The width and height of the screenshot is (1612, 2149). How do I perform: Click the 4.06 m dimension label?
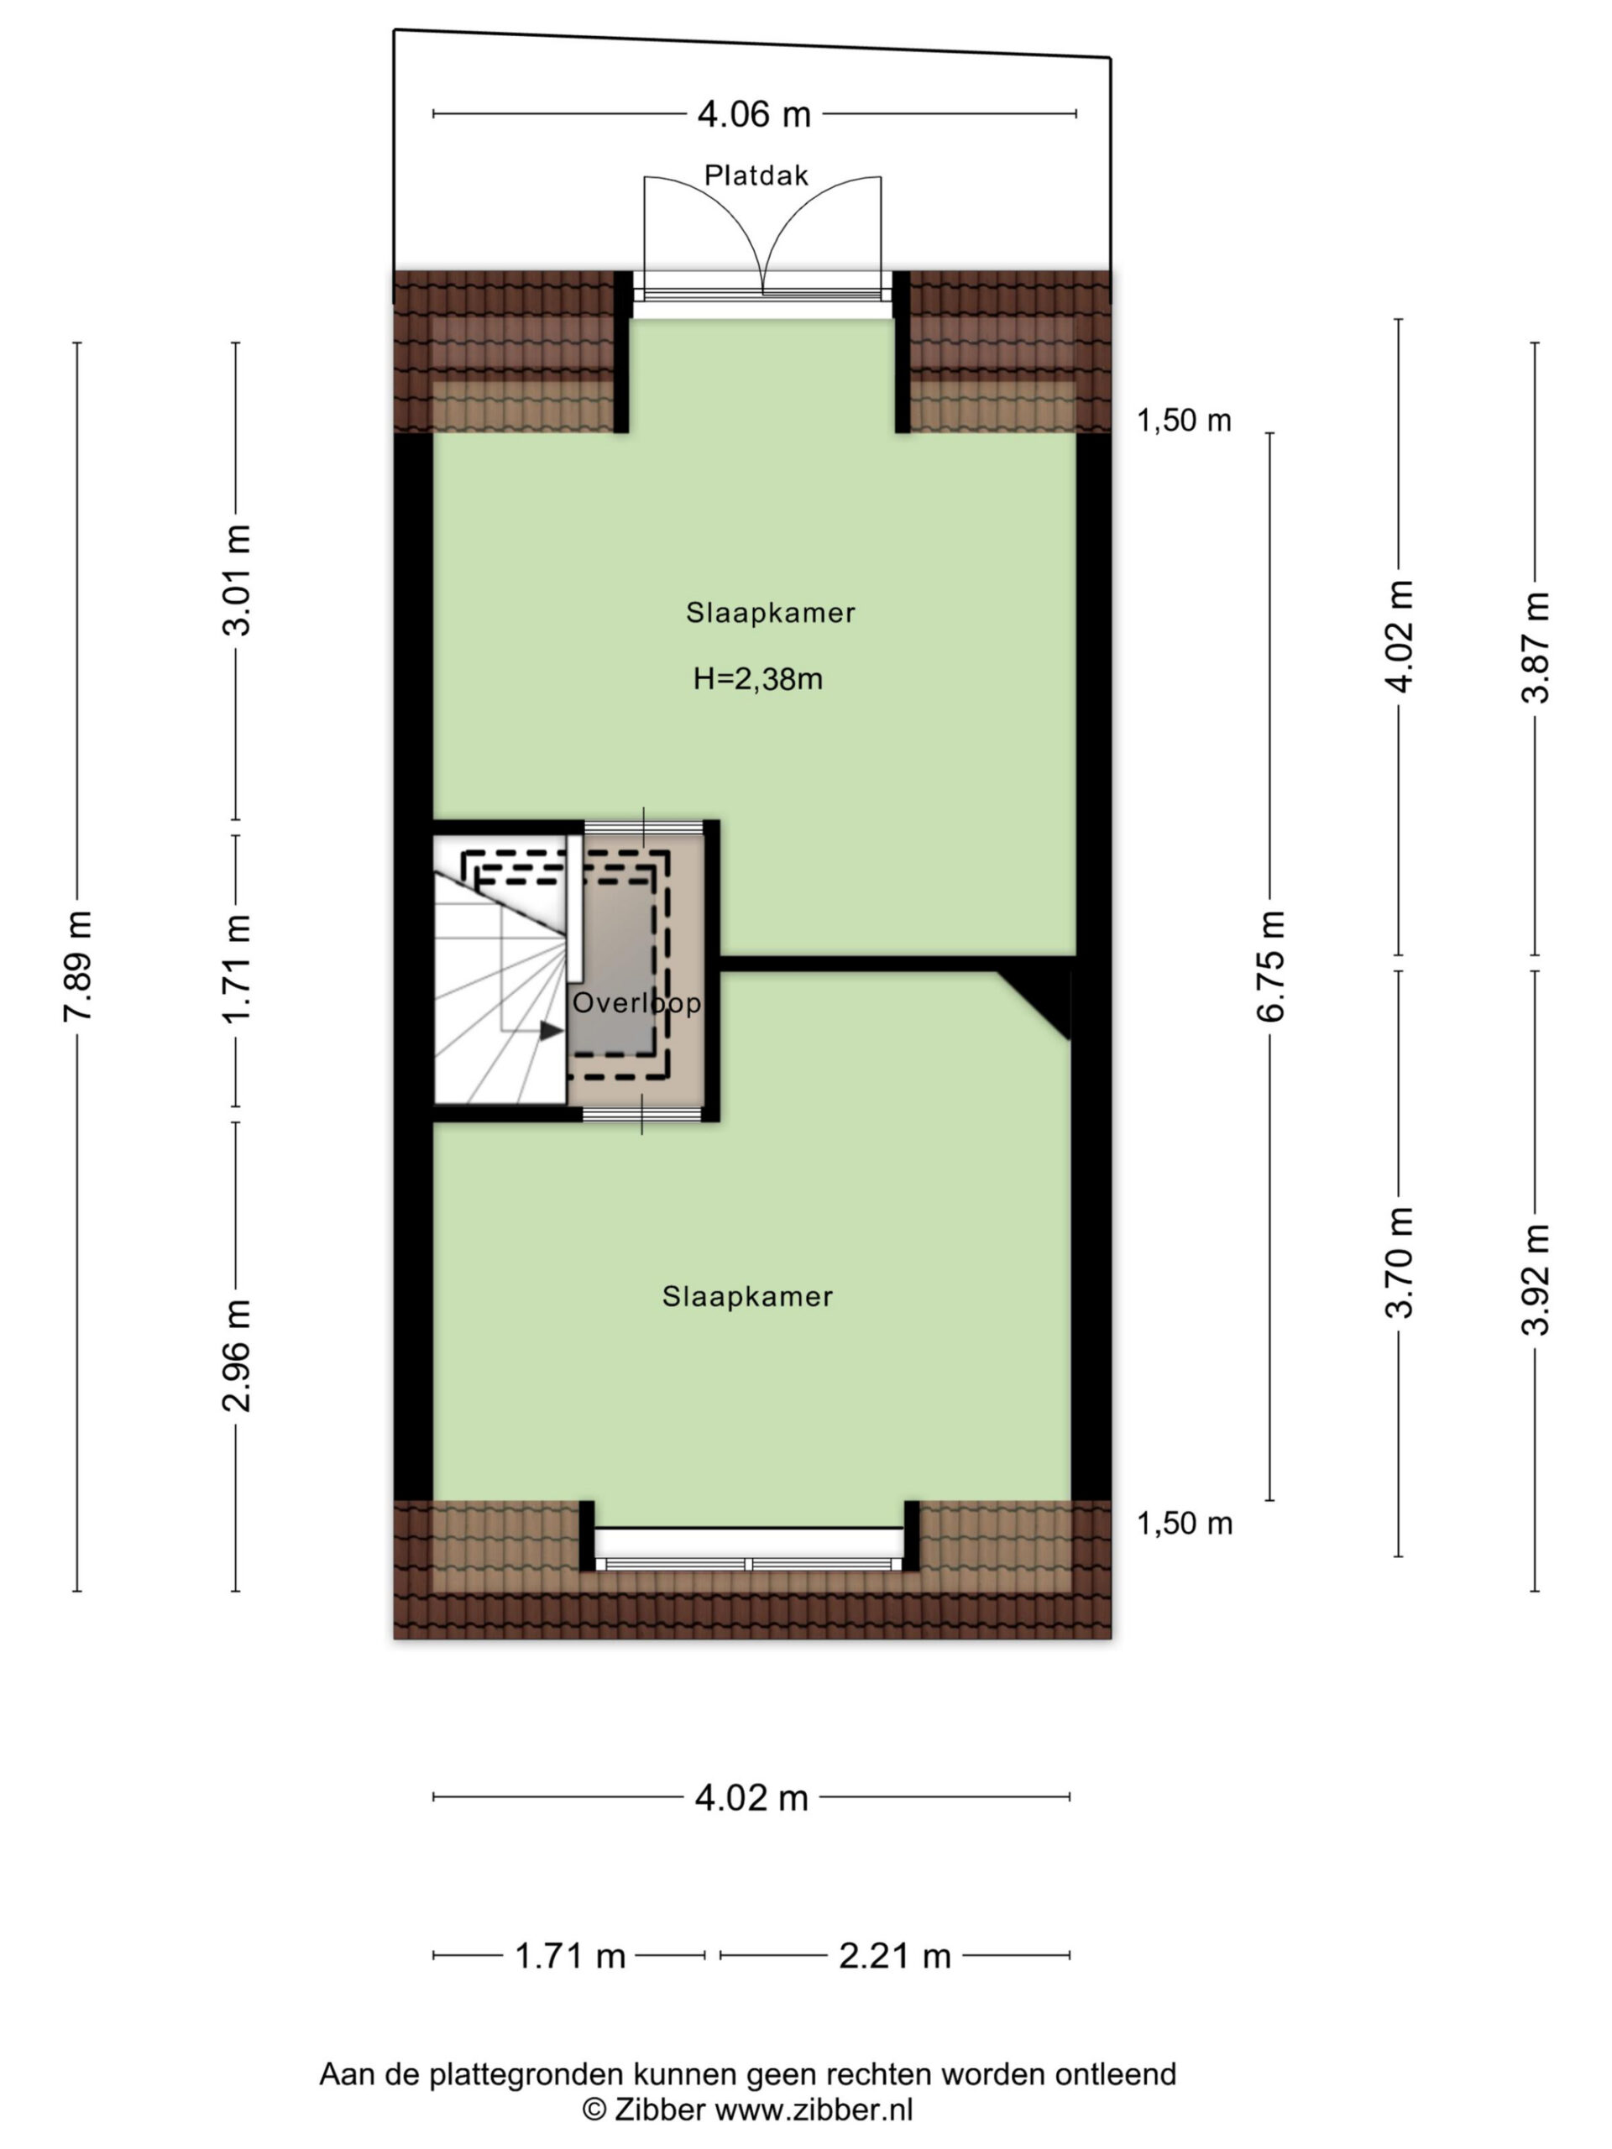point(754,115)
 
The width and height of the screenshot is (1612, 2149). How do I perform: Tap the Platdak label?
point(756,175)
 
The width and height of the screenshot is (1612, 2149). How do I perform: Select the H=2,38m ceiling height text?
point(758,678)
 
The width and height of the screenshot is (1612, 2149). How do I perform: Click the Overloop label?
point(636,1002)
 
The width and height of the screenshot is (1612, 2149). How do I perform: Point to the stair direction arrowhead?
point(551,1031)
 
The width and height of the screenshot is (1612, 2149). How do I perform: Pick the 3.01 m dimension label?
point(236,580)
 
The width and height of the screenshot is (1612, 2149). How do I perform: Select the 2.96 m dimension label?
point(236,1355)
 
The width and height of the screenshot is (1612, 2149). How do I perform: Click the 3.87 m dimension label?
point(1536,647)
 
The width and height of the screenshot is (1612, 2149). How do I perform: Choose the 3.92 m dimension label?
point(1536,1279)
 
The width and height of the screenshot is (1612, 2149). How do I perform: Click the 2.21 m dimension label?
point(895,1956)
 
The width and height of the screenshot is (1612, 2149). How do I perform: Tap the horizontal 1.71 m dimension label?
point(569,1956)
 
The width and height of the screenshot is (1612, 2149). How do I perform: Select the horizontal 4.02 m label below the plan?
point(751,1798)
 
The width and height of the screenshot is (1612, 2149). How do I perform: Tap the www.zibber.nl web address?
point(814,2110)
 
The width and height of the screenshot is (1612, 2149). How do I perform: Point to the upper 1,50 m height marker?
point(1184,421)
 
